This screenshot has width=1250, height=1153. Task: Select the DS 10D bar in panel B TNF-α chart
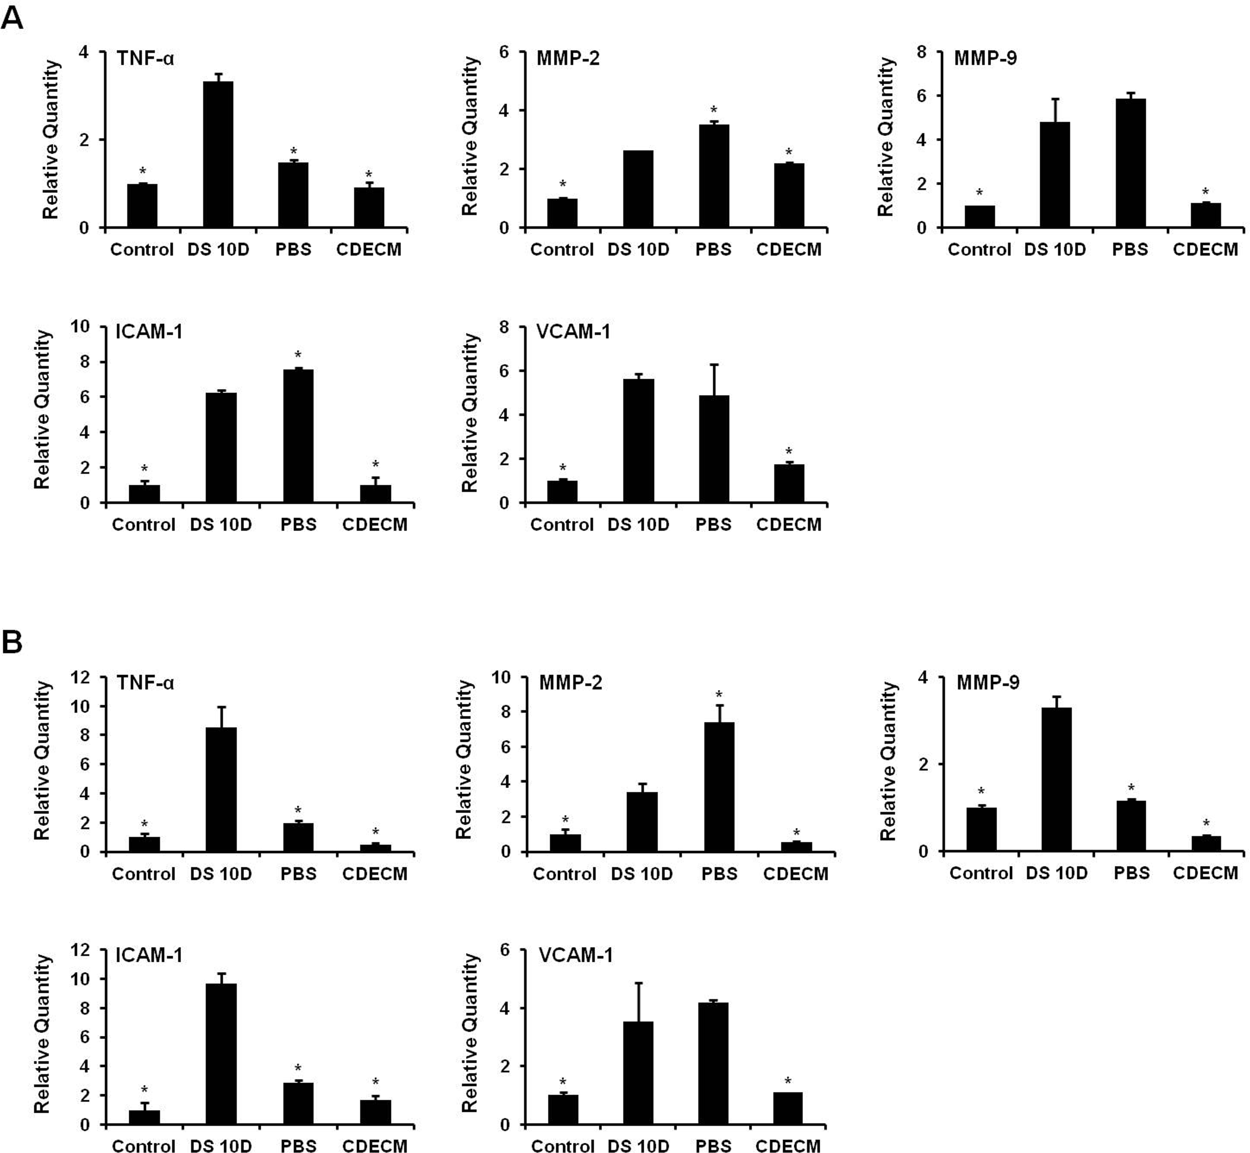tap(221, 789)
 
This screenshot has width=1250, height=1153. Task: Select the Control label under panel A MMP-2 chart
tap(562, 250)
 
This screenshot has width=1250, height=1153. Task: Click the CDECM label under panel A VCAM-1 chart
tap(789, 525)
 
